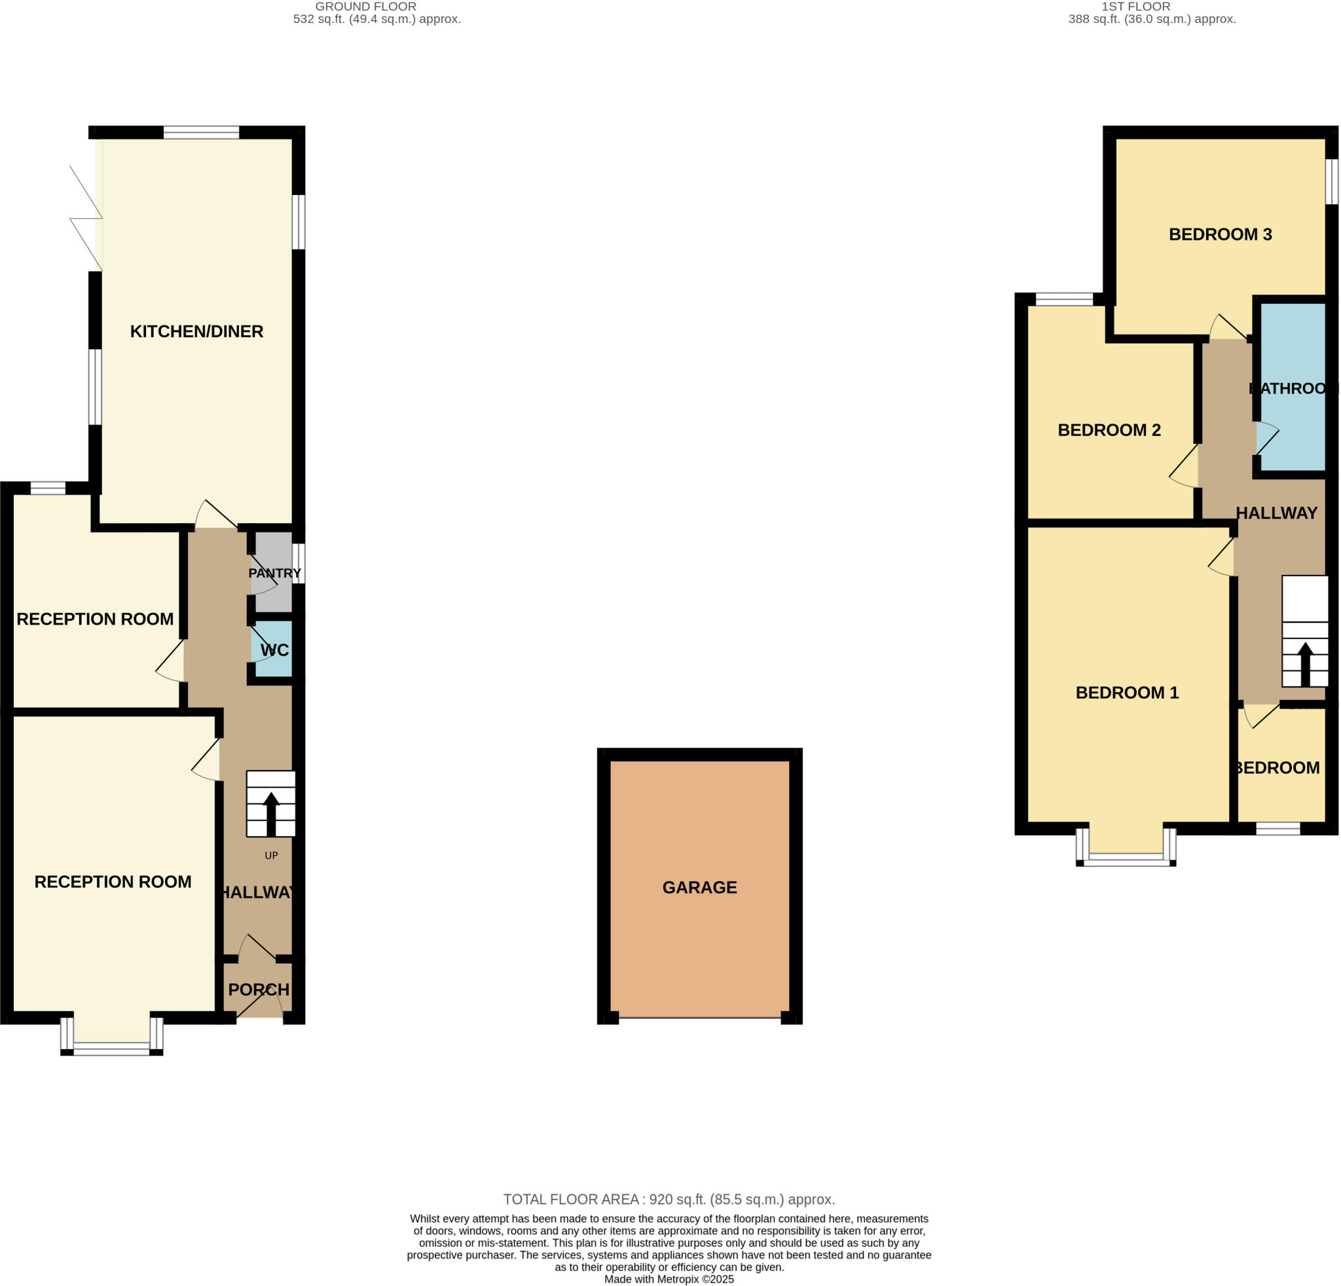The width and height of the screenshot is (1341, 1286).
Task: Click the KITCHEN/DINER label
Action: click(196, 332)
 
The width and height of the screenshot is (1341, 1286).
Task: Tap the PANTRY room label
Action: click(274, 573)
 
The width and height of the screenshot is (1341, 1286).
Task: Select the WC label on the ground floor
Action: click(274, 650)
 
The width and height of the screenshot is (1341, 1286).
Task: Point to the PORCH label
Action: click(258, 990)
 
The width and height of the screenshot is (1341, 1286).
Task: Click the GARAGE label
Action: click(699, 887)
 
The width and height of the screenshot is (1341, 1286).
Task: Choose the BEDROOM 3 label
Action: click(1220, 234)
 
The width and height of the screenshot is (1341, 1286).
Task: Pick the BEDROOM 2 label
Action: click(1109, 430)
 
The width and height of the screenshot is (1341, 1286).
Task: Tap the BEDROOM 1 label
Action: click(1127, 693)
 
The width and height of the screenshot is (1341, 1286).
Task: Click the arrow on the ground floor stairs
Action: click(271, 813)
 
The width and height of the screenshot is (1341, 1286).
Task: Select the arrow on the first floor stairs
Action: click(1305, 663)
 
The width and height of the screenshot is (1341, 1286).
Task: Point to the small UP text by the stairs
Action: click(271, 856)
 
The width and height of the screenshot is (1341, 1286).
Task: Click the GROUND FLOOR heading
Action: click(365, 7)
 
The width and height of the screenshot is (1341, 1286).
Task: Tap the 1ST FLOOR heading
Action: click(1145, 7)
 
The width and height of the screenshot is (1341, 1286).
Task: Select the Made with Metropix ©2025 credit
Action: click(669, 1279)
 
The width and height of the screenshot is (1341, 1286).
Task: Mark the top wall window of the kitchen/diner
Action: click(201, 132)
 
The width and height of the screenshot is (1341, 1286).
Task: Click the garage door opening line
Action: click(699, 1018)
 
